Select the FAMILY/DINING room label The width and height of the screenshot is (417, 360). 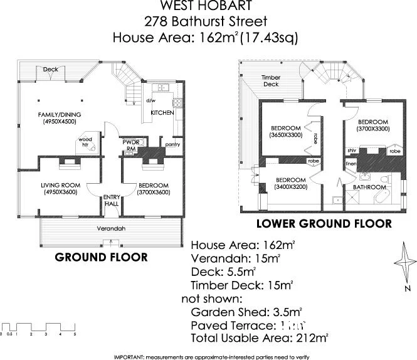(x=58, y=114)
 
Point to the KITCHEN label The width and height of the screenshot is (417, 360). (x=162, y=113)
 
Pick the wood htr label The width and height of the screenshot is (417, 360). (x=84, y=142)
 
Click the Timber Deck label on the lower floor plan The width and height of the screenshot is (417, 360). (x=270, y=80)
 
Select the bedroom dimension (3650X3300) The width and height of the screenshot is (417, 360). (x=285, y=134)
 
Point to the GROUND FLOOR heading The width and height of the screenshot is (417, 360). (x=102, y=257)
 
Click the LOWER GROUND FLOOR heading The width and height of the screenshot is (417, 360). (x=324, y=223)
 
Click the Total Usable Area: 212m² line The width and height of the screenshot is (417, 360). (x=259, y=339)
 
